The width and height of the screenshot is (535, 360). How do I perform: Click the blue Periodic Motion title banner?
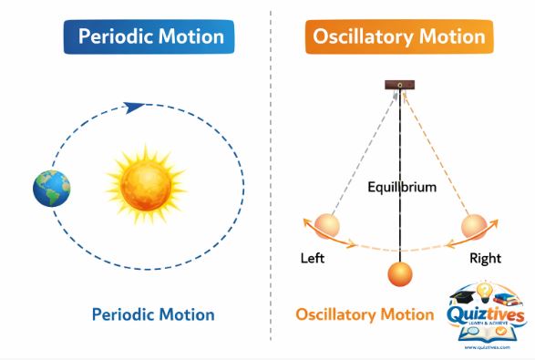click(150, 37)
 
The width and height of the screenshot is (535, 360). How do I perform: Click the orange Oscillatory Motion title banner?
click(399, 37)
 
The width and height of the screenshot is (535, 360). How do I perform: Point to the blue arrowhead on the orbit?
click(134, 107)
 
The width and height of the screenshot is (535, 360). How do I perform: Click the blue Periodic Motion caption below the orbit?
click(153, 314)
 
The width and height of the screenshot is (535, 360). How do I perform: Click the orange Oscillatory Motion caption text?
click(364, 314)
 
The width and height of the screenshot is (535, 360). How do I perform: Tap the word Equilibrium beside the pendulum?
click(402, 188)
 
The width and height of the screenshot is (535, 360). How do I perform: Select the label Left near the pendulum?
click(313, 258)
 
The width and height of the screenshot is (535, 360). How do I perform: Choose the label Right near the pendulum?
click(485, 258)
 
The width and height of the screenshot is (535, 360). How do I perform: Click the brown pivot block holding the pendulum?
click(398, 86)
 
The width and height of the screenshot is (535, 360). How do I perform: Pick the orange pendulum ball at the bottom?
click(399, 274)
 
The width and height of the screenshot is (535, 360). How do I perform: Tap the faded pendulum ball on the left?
click(325, 225)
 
